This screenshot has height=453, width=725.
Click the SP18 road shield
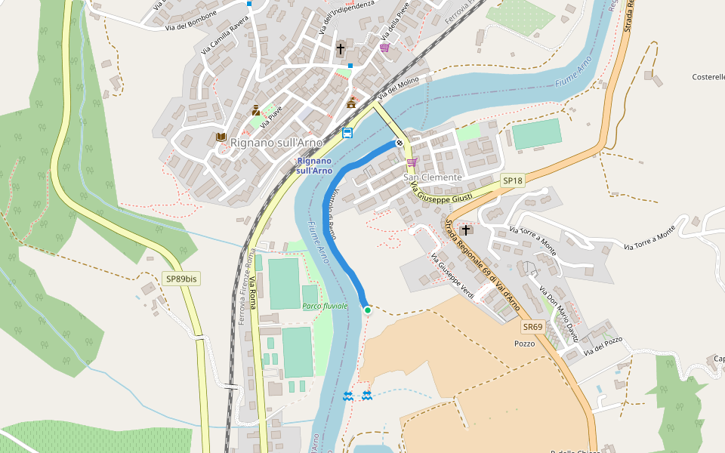(x=513, y=181)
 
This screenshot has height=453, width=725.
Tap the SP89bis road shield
(x=181, y=279)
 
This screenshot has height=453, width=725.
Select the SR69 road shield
(x=532, y=327)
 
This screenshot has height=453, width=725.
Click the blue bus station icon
(x=347, y=134)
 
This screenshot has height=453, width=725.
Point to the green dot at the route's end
(x=368, y=310)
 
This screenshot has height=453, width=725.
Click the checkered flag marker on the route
(x=400, y=143)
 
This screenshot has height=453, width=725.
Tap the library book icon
(x=221, y=137)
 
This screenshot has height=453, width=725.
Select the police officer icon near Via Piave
(x=256, y=110)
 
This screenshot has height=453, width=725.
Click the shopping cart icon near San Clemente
(x=412, y=162)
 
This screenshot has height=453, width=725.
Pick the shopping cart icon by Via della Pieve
(x=385, y=47)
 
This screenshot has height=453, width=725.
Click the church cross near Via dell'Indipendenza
(x=340, y=49)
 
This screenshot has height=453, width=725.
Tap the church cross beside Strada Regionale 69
(x=466, y=230)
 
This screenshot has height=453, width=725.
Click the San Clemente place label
(x=432, y=177)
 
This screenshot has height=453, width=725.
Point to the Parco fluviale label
(x=325, y=306)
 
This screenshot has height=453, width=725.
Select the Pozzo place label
(x=524, y=344)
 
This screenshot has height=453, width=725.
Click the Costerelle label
(x=708, y=77)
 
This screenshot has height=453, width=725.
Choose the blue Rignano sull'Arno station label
(x=315, y=166)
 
